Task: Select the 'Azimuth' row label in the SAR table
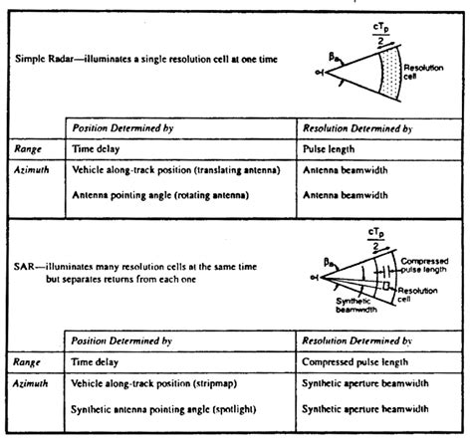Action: point(31,382)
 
